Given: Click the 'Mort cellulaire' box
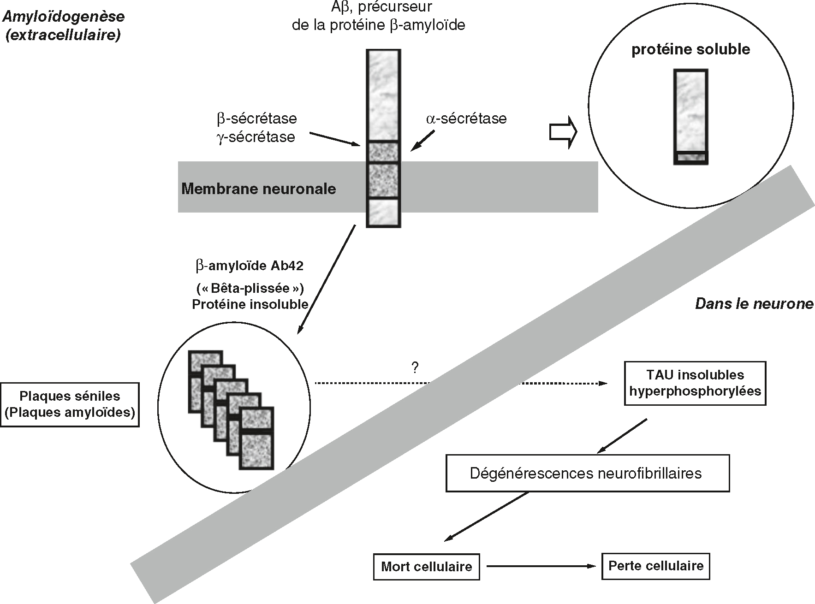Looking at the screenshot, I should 426,567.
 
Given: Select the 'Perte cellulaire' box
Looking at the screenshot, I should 655,566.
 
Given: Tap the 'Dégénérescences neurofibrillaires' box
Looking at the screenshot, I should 587,473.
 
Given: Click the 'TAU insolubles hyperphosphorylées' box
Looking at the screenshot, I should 695,383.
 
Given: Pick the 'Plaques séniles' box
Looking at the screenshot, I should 70,404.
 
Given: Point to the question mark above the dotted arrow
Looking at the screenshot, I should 415,368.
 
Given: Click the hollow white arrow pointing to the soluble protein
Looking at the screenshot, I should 563,132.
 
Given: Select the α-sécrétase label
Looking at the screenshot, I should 466,119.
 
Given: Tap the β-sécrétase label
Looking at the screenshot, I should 257,119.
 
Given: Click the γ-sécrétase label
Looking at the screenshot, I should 256,137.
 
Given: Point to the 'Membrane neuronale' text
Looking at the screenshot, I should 258,189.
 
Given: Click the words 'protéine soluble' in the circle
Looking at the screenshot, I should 690,50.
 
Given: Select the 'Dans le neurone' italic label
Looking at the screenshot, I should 754,304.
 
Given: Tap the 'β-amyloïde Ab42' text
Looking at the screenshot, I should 250,266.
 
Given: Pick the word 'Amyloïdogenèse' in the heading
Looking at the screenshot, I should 64,17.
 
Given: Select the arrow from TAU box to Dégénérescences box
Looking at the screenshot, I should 622,436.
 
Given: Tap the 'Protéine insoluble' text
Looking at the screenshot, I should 250,304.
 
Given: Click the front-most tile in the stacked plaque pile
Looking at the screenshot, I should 257,438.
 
